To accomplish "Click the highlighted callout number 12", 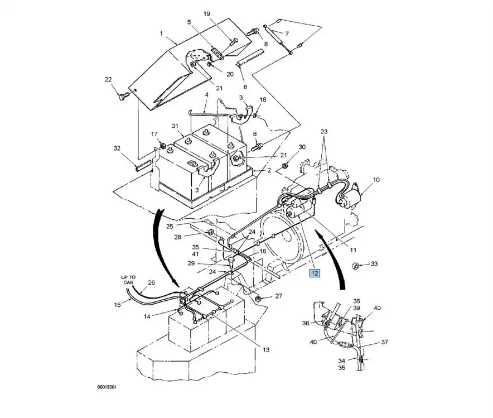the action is [x=315, y=273].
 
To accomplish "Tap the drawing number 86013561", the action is [x=107, y=387].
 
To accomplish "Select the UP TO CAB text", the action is [x=128, y=280].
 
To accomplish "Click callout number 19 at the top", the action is [x=206, y=14].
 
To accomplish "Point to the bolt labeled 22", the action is [x=123, y=95].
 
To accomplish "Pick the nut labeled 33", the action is [x=356, y=266].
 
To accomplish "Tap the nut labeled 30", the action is [x=285, y=165].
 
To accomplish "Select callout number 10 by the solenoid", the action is [x=376, y=180].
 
